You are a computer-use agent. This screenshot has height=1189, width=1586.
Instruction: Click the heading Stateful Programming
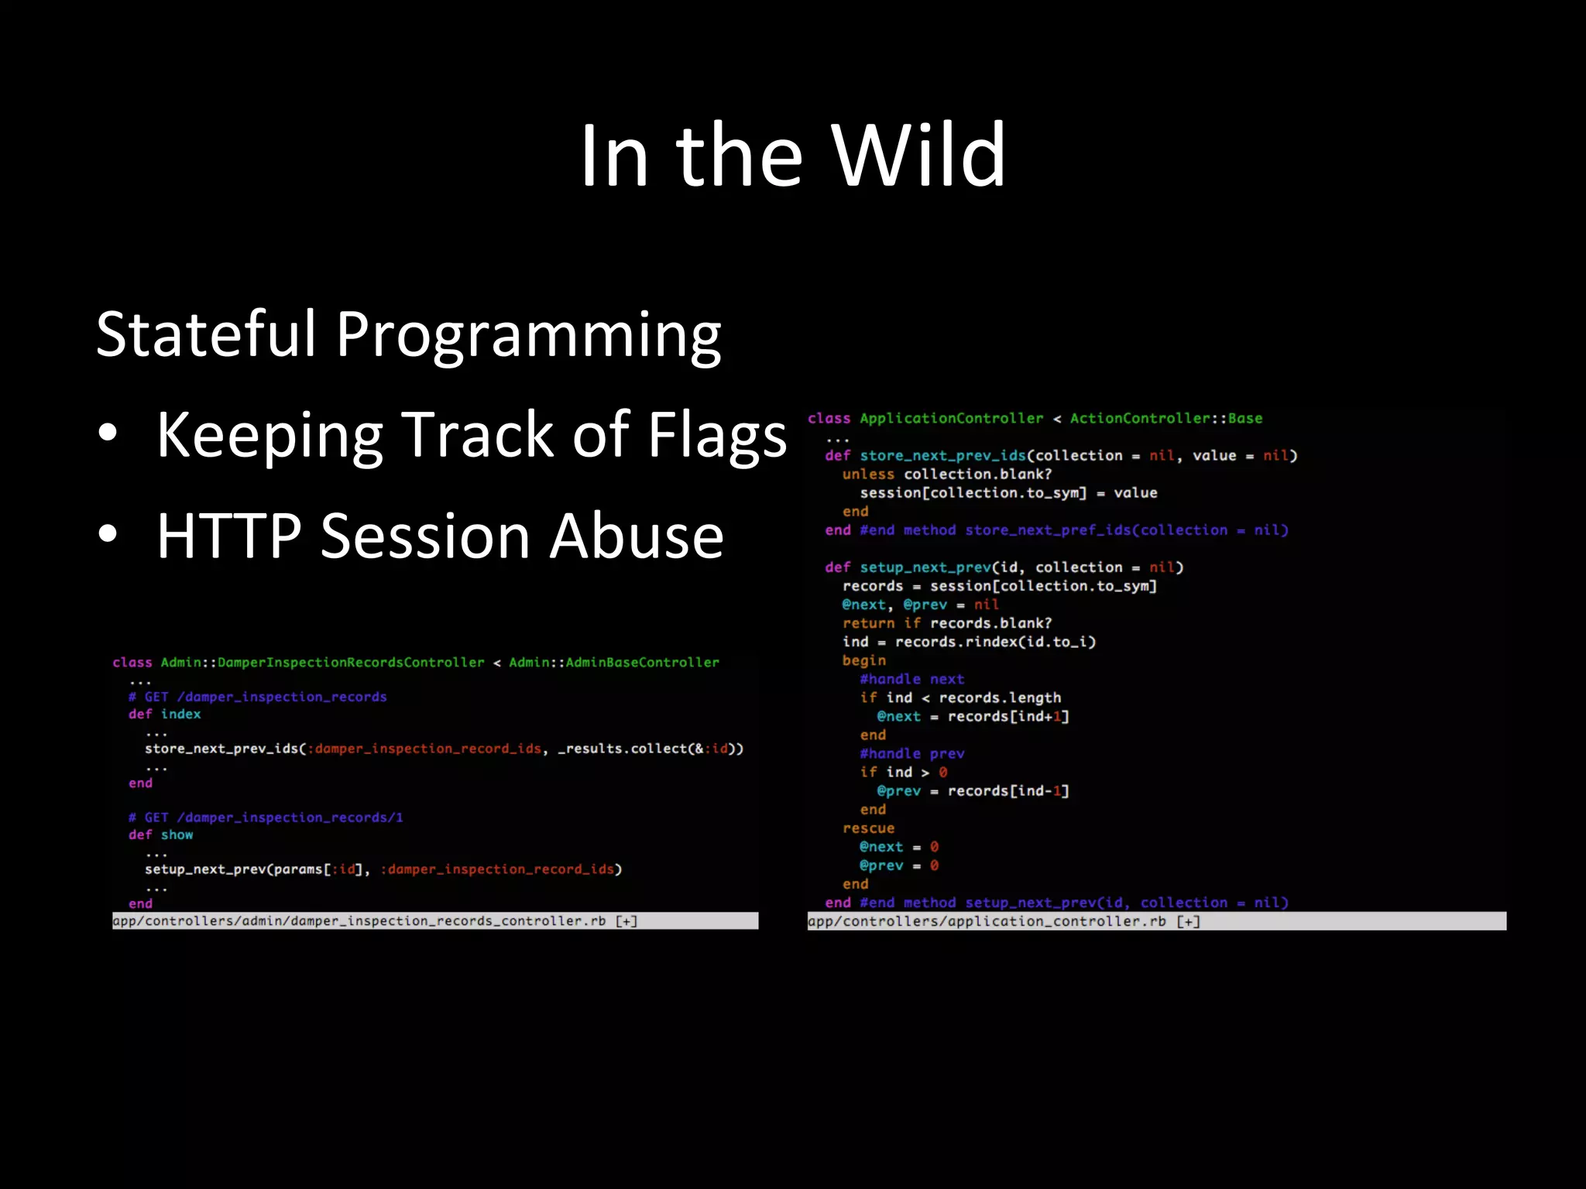click(x=408, y=334)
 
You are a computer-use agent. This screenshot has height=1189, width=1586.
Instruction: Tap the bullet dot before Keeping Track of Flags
click(x=108, y=433)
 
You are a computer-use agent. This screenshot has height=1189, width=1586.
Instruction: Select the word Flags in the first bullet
click(x=716, y=435)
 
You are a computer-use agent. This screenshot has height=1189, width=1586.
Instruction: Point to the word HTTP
click(x=228, y=536)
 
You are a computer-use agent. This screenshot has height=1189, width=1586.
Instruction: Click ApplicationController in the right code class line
click(x=951, y=418)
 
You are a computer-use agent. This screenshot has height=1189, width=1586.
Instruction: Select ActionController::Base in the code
click(x=1165, y=418)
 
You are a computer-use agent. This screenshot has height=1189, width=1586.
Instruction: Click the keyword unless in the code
click(x=867, y=474)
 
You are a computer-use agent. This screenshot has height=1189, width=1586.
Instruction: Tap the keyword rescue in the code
click(x=867, y=828)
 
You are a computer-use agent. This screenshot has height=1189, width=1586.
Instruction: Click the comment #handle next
click(x=911, y=679)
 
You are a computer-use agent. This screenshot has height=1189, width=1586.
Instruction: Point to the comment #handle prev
click(x=911, y=753)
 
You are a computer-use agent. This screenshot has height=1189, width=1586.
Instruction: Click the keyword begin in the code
click(x=863, y=660)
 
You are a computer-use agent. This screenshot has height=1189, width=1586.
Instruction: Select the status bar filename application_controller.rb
click(x=987, y=921)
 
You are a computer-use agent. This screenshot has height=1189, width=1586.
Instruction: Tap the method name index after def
click(x=180, y=714)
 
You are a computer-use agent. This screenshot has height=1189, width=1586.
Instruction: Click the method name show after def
click(x=177, y=834)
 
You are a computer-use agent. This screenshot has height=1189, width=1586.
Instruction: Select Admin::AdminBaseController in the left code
click(x=613, y=663)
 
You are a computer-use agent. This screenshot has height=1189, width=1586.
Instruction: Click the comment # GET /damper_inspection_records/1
click(x=266, y=817)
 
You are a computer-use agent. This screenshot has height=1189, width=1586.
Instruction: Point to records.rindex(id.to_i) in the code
click(x=995, y=642)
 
